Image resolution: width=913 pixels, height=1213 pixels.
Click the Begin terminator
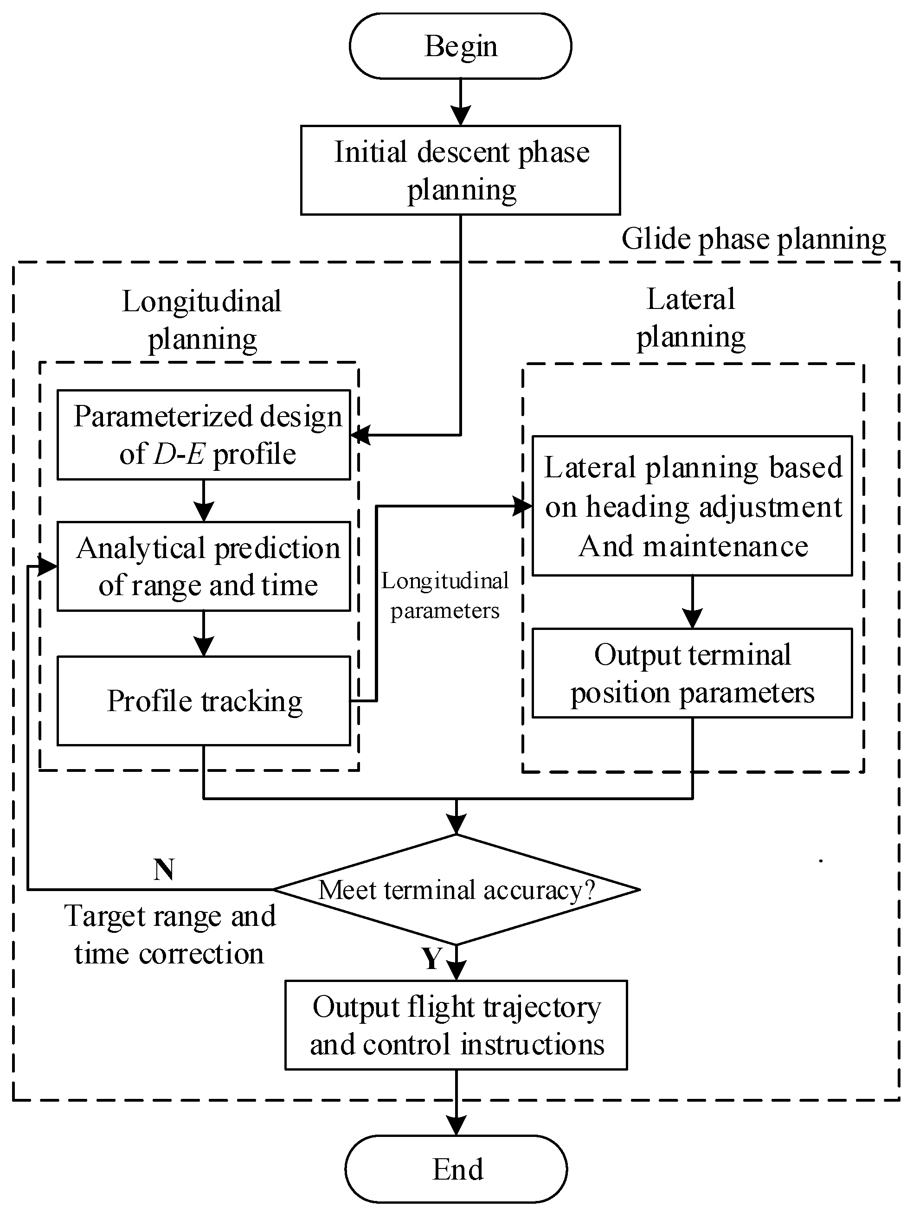(x=460, y=46)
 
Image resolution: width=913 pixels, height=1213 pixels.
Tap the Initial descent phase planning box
(x=460, y=170)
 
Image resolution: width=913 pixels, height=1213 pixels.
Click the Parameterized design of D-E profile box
(x=204, y=435)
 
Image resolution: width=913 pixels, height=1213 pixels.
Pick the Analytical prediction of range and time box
(x=204, y=566)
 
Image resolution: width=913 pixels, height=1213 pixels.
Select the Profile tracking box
(x=204, y=700)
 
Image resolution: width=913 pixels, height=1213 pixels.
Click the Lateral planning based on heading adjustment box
(x=692, y=506)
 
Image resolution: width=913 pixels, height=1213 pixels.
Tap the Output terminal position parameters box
(x=692, y=673)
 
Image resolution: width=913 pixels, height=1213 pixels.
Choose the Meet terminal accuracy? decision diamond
(x=456, y=890)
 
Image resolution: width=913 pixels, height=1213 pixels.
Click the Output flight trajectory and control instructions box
(x=456, y=1025)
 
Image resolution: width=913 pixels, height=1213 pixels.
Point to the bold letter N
(x=164, y=869)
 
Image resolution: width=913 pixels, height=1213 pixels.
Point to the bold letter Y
(x=431, y=958)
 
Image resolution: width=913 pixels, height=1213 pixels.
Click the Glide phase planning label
(x=753, y=239)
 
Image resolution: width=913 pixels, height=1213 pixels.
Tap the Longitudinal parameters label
(x=445, y=596)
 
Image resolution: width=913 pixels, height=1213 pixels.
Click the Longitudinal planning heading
(x=202, y=320)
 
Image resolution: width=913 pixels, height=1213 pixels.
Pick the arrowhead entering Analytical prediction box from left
(x=48, y=566)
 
